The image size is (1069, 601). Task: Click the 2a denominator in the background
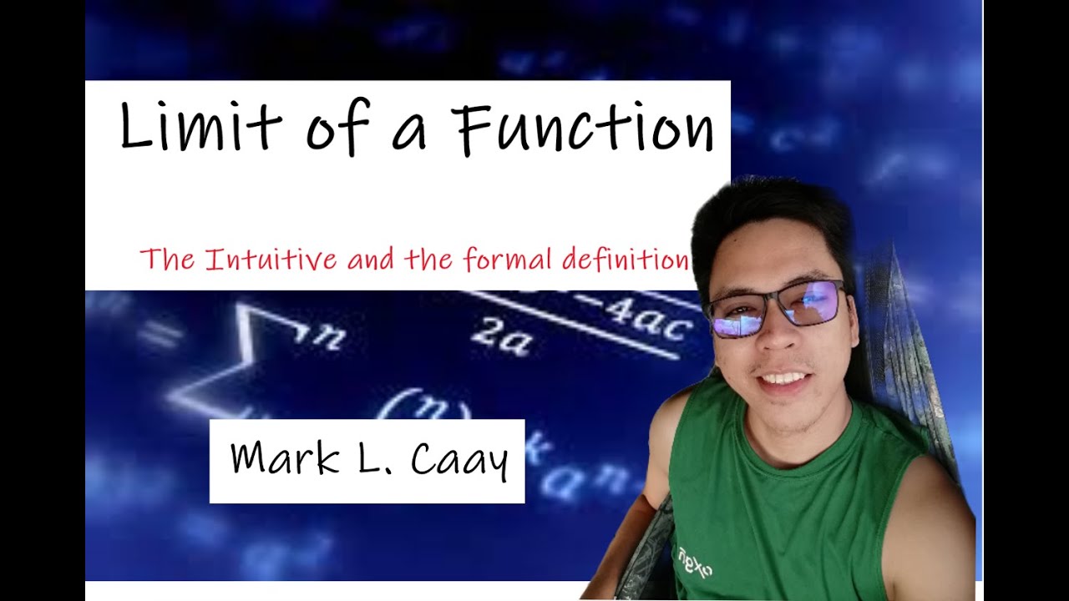point(500,337)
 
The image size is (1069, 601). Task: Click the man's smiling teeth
point(784,379)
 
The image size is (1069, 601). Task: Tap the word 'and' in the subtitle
point(371,260)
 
